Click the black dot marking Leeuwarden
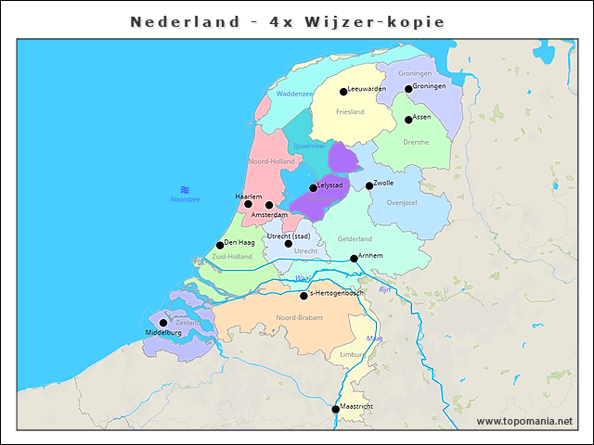click(342, 92)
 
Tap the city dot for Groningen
click(408, 89)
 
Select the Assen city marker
click(408, 120)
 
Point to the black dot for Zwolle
click(368, 186)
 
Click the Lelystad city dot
click(313, 188)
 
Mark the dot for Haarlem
click(248, 204)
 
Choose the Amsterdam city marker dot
click(269, 206)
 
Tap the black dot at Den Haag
click(220, 246)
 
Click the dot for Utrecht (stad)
click(288, 244)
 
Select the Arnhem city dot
click(354, 259)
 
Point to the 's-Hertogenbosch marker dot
click(303, 297)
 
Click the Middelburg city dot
click(163, 324)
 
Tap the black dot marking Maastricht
click(336, 409)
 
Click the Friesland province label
click(350, 112)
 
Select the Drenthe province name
click(416, 143)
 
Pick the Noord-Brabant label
click(300, 318)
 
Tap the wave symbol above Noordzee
click(185, 189)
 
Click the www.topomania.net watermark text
click(524, 422)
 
